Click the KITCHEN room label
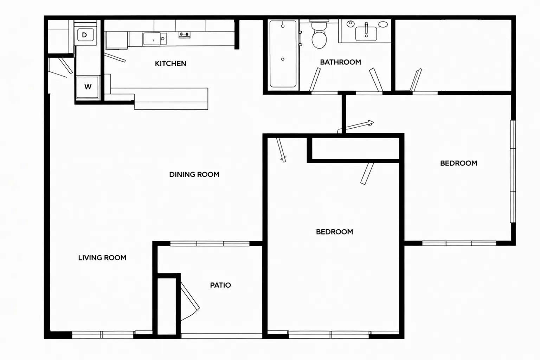tap(171, 64)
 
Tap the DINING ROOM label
tap(194, 175)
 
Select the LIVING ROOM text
tap(102, 258)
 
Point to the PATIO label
tap(220, 285)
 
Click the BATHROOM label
tap(341, 62)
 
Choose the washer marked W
tap(88, 87)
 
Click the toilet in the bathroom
tap(319, 35)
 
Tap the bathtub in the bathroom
tap(283, 54)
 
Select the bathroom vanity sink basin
tap(366, 34)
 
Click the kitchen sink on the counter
tap(155, 39)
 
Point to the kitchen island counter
tap(171, 99)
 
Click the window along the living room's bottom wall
tap(103, 335)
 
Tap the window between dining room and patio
tap(210, 244)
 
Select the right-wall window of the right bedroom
tap(513, 172)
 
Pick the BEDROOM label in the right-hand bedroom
tap(459, 163)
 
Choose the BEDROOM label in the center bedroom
tap(335, 232)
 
